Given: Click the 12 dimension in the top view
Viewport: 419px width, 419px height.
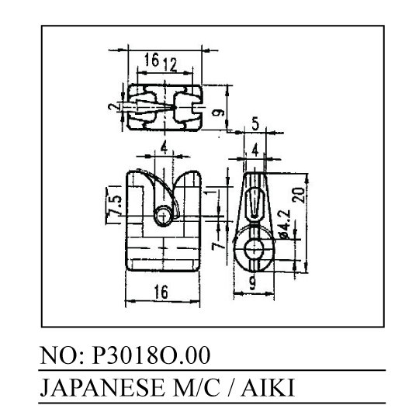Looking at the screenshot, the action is pos(170,64).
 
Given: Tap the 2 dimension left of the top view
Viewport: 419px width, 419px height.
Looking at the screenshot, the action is pos(112,107).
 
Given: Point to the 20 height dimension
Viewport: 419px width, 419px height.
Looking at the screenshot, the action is pos(300,195).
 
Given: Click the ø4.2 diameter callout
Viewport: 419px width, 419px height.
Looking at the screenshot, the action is pos(285,224).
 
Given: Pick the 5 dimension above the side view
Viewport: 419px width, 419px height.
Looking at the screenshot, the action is pos(255,124).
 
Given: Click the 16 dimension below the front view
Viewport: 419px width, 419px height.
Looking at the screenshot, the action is pos(161,292).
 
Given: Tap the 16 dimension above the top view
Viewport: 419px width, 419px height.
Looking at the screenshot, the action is pos(152,59).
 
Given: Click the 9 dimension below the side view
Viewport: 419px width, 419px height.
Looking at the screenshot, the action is pos(252,283).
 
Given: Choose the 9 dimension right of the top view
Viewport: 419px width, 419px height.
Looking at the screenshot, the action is pos(218,113).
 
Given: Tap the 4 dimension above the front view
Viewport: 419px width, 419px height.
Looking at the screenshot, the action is pos(164,147).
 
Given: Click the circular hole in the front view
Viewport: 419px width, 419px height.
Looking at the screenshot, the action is pos(163,216).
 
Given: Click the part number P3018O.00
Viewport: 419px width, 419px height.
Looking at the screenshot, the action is pos(151,355).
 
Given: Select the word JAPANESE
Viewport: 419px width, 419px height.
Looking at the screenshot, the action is pos(102,387).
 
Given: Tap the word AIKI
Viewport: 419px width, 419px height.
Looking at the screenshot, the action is pos(267,387).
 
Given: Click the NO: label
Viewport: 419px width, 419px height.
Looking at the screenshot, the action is pos(62,355).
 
